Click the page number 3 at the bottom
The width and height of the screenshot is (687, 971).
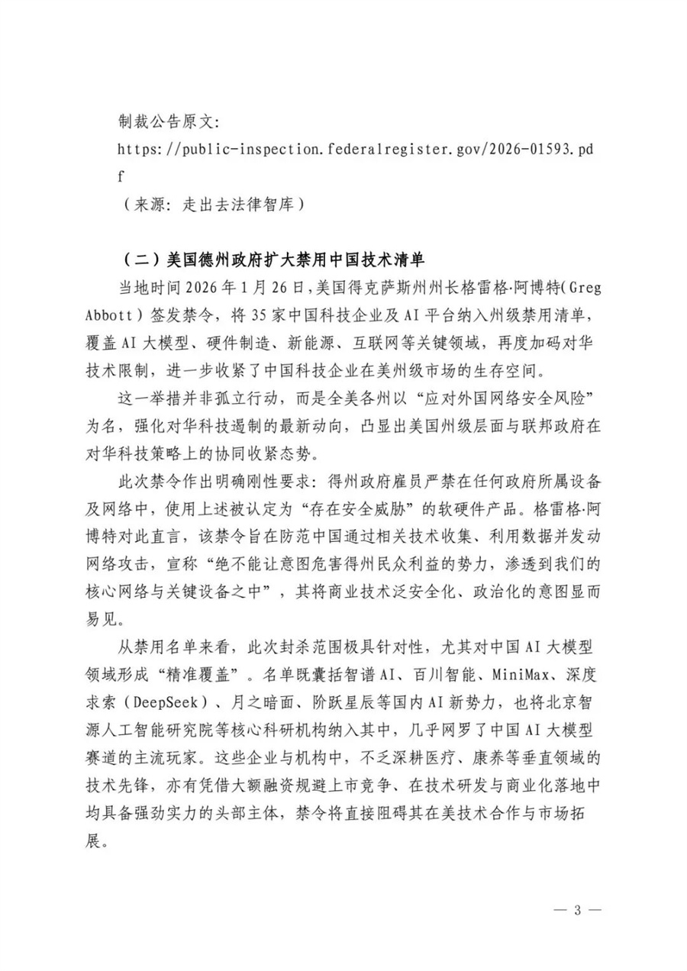point(578,910)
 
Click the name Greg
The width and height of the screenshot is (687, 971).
point(576,287)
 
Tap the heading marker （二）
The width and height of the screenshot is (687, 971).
point(140,260)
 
